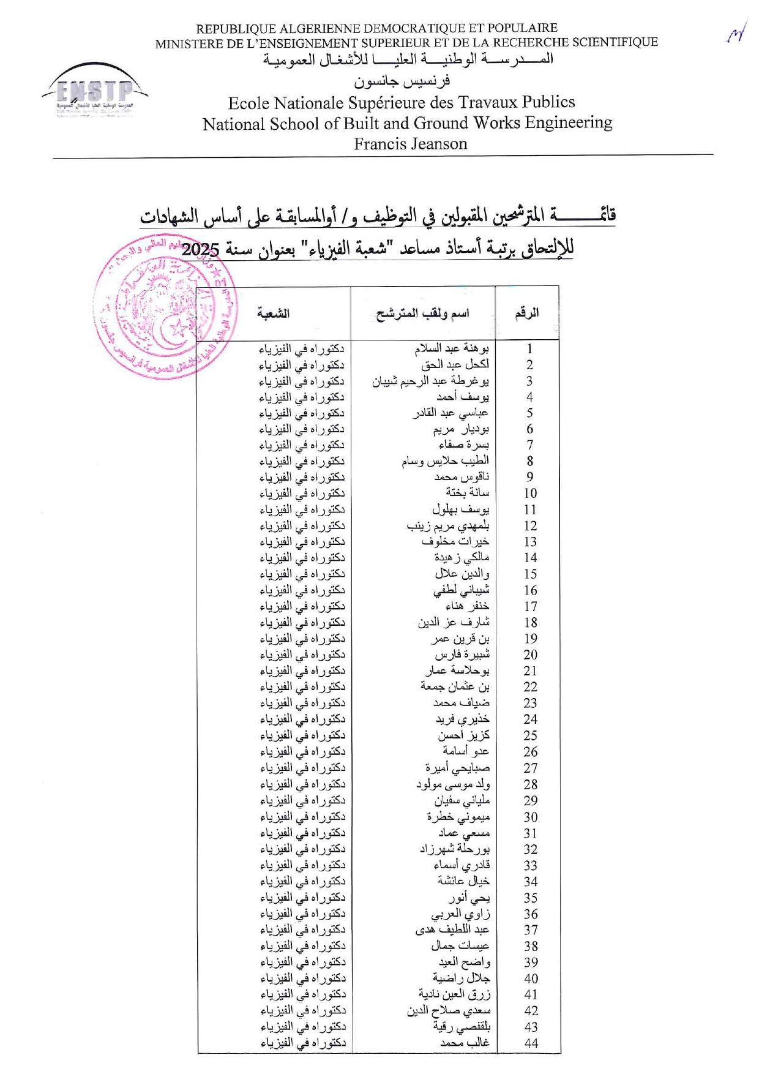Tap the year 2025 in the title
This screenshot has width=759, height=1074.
click(200, 249)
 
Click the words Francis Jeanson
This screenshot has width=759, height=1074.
click(410, 144)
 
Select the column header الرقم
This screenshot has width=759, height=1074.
click(527, 314)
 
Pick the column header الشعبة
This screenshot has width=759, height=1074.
click(273, 314)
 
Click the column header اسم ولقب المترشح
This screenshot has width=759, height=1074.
click(422, 314)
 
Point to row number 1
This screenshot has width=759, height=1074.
click(529, 349)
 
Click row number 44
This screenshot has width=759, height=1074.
click(531, 1043)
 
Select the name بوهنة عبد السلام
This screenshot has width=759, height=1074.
click(452, 348)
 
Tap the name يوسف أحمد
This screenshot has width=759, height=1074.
click(463, 397)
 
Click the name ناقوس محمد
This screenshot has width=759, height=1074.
click(462, 477)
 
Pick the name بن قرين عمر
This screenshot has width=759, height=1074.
click(460, 639)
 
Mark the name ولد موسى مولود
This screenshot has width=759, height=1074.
click(453, 784)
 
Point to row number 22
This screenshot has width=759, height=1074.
click(530, 687)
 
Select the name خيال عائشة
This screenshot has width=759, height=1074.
click(463, 881)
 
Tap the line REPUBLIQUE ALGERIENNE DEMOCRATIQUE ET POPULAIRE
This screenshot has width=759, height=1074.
click(376, 28)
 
